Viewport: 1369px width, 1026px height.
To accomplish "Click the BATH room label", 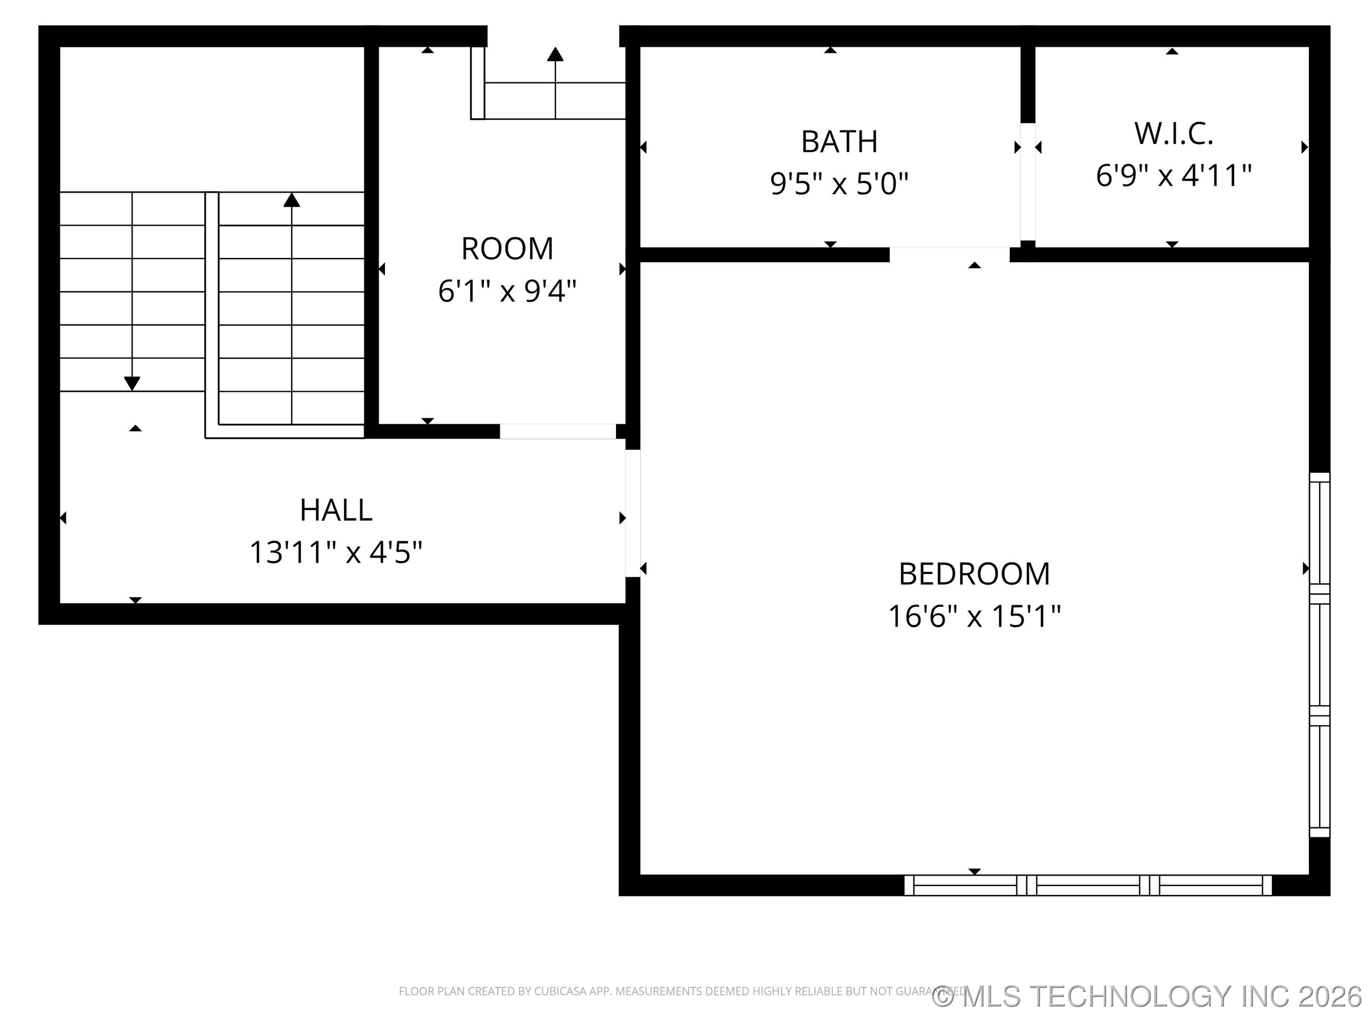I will [x=839, y=142].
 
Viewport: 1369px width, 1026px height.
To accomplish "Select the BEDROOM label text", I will [x=974, y=574].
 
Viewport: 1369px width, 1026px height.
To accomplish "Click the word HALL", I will [x=336, y=510].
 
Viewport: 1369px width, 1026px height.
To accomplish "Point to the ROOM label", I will [x=507, y=248].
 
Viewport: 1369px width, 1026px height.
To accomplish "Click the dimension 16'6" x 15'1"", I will [x=974, y=616].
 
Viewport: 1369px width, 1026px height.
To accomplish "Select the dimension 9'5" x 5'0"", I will [x=839, y=184].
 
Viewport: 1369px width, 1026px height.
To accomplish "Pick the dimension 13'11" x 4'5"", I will [x=336, y=552].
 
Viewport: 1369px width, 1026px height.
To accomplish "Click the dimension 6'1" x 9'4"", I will [x=507, y=291].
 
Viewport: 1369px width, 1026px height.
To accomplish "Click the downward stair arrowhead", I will [x=132, y=383].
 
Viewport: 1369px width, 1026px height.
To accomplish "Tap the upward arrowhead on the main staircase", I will [x=291, y=200].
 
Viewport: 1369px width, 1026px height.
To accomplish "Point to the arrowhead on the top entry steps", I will [x=555, y=55].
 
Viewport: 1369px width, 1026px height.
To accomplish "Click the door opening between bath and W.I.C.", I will [x=1027, y=182].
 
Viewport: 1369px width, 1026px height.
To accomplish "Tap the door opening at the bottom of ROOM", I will [x=557, y=431].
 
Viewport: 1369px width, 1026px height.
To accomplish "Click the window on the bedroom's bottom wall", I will [x=1088, y=885].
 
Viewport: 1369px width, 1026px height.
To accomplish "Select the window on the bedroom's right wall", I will [x=1319, y=655].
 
